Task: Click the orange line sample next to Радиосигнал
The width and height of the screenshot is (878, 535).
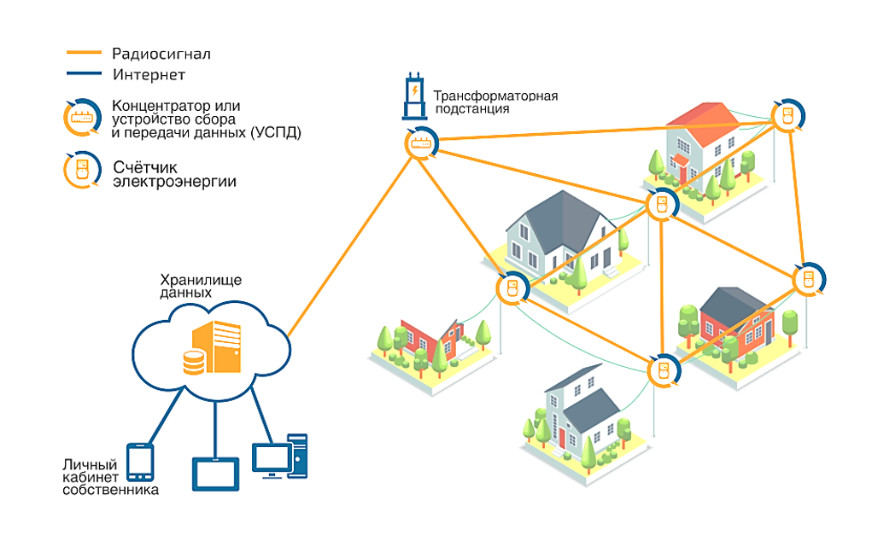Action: [x=85, y=54]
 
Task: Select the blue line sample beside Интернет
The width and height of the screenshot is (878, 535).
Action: [x=85, y=74]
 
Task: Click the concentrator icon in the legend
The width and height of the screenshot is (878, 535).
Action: [x=81, y=119]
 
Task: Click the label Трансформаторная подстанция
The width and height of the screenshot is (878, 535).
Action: [x=495, y=102]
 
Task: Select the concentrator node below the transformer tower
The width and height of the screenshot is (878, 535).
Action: [x=420, y=143]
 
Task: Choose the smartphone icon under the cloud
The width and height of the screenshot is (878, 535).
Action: [x=139, y=462]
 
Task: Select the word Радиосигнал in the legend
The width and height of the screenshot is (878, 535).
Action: [x=161, y=54]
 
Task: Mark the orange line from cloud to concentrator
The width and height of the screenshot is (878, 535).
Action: [x=350, y=247]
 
